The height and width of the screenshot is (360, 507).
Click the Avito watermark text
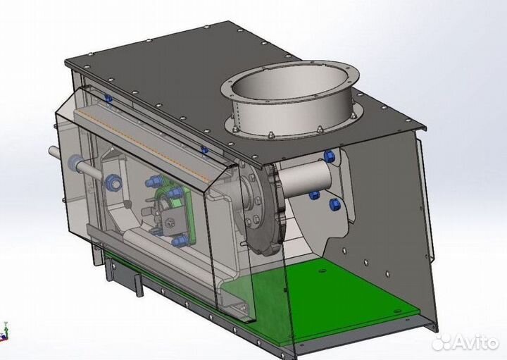pyautogui.click(x=475, y=342)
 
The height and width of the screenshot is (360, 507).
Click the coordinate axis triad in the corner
pyautogui.click(x=4, y=332)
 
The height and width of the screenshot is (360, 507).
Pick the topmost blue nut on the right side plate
pyautogui.click(x=329, y=156)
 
